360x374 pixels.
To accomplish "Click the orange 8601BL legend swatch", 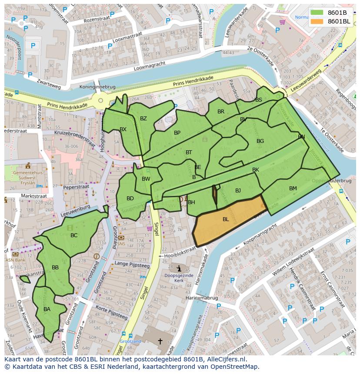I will (x=317, y=21).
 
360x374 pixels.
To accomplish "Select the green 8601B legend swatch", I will (x=317, y=13).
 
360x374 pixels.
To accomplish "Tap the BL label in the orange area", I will (x=226, y=219).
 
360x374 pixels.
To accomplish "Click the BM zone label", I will (x=293, y=189).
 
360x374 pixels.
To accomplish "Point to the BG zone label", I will (x=260, y=141).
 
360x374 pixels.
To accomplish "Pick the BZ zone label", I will (x=143, y=119).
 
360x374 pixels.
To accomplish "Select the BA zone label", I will (x=47, y=309).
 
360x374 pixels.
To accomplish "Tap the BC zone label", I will (x=74, y=235).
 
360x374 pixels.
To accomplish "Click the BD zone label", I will (x=130, y=199).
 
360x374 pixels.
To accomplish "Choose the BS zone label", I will (x=259, y=100).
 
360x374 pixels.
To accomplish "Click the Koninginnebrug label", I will (x=97, y=87).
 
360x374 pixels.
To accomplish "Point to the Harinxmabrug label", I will (x=201, y=298).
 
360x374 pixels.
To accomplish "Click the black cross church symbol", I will (x=160, y=341).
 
